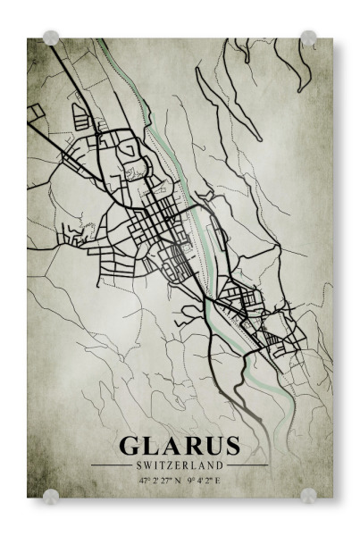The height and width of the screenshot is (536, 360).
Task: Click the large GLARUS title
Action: tap(180, 446)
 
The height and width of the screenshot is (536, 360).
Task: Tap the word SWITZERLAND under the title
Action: tap(180, 465)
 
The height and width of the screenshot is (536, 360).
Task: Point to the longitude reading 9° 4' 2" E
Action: tap(205, 480)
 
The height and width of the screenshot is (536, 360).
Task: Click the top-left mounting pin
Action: tap(51, 38)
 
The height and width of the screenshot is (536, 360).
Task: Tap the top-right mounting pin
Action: tap(308, 38)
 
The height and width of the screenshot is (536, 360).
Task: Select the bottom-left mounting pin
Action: tap(51, 495)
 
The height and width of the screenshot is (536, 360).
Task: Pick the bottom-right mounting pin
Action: tap(308, 495)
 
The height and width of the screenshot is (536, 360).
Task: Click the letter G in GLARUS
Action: tap(130, 446)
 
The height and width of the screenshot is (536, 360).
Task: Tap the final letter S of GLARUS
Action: tap(231, 446)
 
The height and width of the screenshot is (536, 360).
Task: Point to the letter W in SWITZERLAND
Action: tap(144, 465)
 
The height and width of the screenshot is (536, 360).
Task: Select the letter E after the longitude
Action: tap(220, 480)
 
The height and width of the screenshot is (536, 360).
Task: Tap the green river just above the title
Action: tap(288, 420)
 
